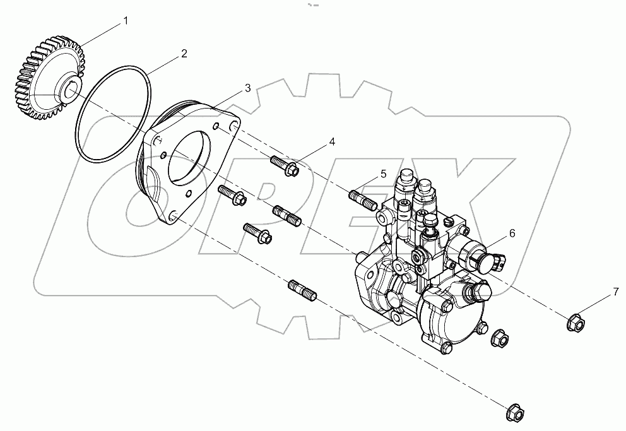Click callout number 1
coord(126,21)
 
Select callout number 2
coord(184,54)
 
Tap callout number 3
coord(247,88)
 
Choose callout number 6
coord(512,233)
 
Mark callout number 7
coord(615,292)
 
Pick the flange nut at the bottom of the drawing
coord(516,413)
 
